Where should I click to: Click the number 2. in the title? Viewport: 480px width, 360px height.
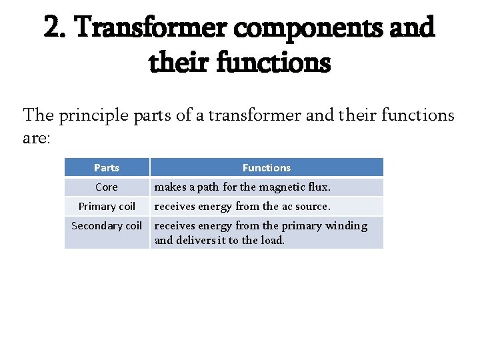tap(57, 28)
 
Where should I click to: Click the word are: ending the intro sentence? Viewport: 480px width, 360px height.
tap(38, 137)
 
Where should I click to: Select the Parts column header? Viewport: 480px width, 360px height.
tap(107, 168)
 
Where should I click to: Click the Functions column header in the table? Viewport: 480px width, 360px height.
tap(266, 168)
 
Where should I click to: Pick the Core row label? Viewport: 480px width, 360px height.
tap(107, 187)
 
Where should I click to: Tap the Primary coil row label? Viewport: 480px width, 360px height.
tap(107, 207)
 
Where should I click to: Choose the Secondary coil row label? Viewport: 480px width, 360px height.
tap(107, 226)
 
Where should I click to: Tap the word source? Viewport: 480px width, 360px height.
tap(311, 207)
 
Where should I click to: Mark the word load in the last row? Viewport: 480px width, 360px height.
tap(273, 240)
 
